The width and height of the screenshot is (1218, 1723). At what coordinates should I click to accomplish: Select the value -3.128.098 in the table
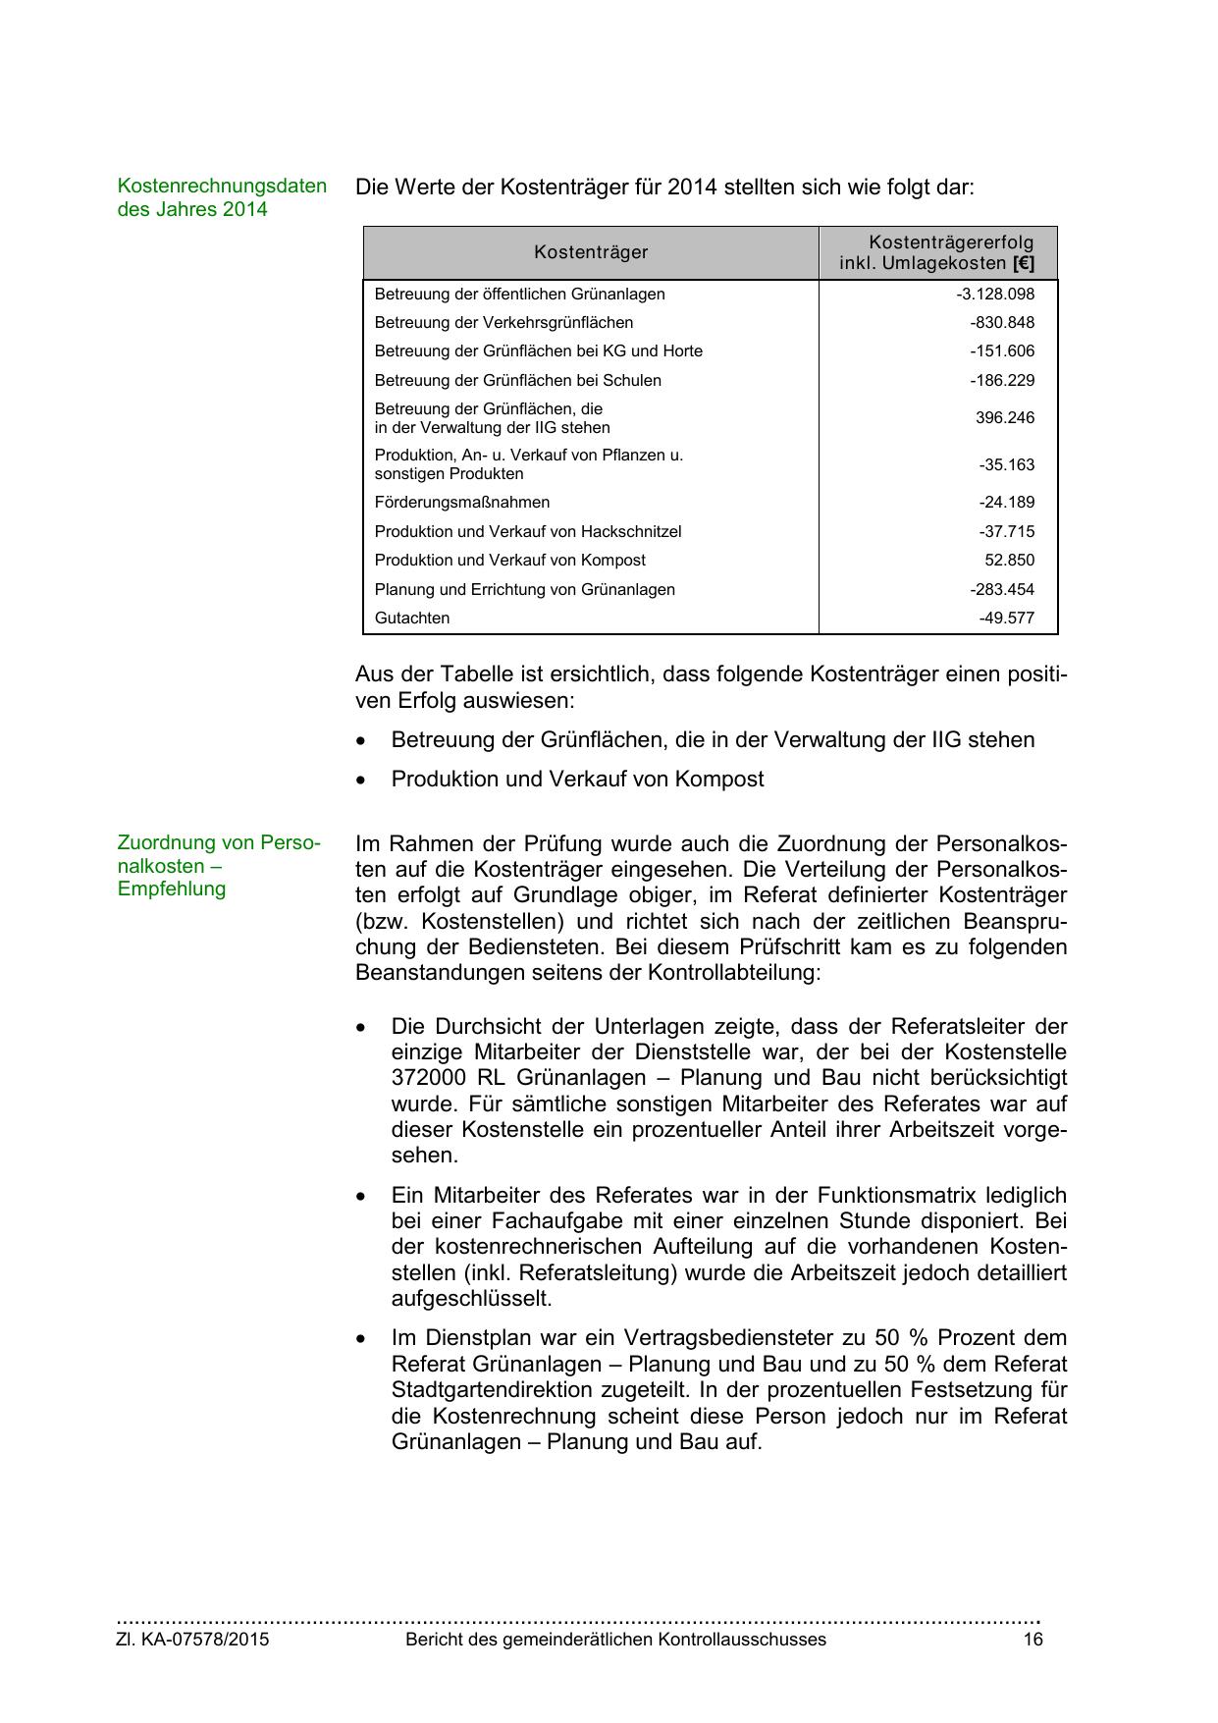[995, 294]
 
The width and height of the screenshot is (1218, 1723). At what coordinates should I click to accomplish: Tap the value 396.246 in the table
[1005, 417]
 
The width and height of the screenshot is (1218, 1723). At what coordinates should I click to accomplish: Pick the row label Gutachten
[412, 618]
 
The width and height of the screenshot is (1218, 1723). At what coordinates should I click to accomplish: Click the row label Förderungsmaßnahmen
[462, 502]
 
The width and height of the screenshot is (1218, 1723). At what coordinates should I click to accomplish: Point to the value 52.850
[1010, 560]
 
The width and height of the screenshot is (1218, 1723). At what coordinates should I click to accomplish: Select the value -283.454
[1002, 589]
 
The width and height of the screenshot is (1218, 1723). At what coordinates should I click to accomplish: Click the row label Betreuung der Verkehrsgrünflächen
[503, 322]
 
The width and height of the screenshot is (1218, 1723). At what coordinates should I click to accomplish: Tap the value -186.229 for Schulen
[1002, 380]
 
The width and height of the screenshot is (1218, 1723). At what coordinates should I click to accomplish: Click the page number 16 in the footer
[1033, 1639]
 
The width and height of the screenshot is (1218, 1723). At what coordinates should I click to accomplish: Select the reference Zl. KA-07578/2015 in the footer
[193, 1639]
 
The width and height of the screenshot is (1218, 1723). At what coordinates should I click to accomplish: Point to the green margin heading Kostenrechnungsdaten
[222, 186]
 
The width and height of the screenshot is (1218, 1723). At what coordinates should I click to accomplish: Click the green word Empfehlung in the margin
[172, 888]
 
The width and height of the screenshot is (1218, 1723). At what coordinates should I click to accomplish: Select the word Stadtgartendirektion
[497, 1389]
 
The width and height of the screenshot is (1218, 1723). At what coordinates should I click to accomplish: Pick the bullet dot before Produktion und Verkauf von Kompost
[363, 780]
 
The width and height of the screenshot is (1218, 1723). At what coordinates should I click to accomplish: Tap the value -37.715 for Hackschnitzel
[1006, 531]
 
